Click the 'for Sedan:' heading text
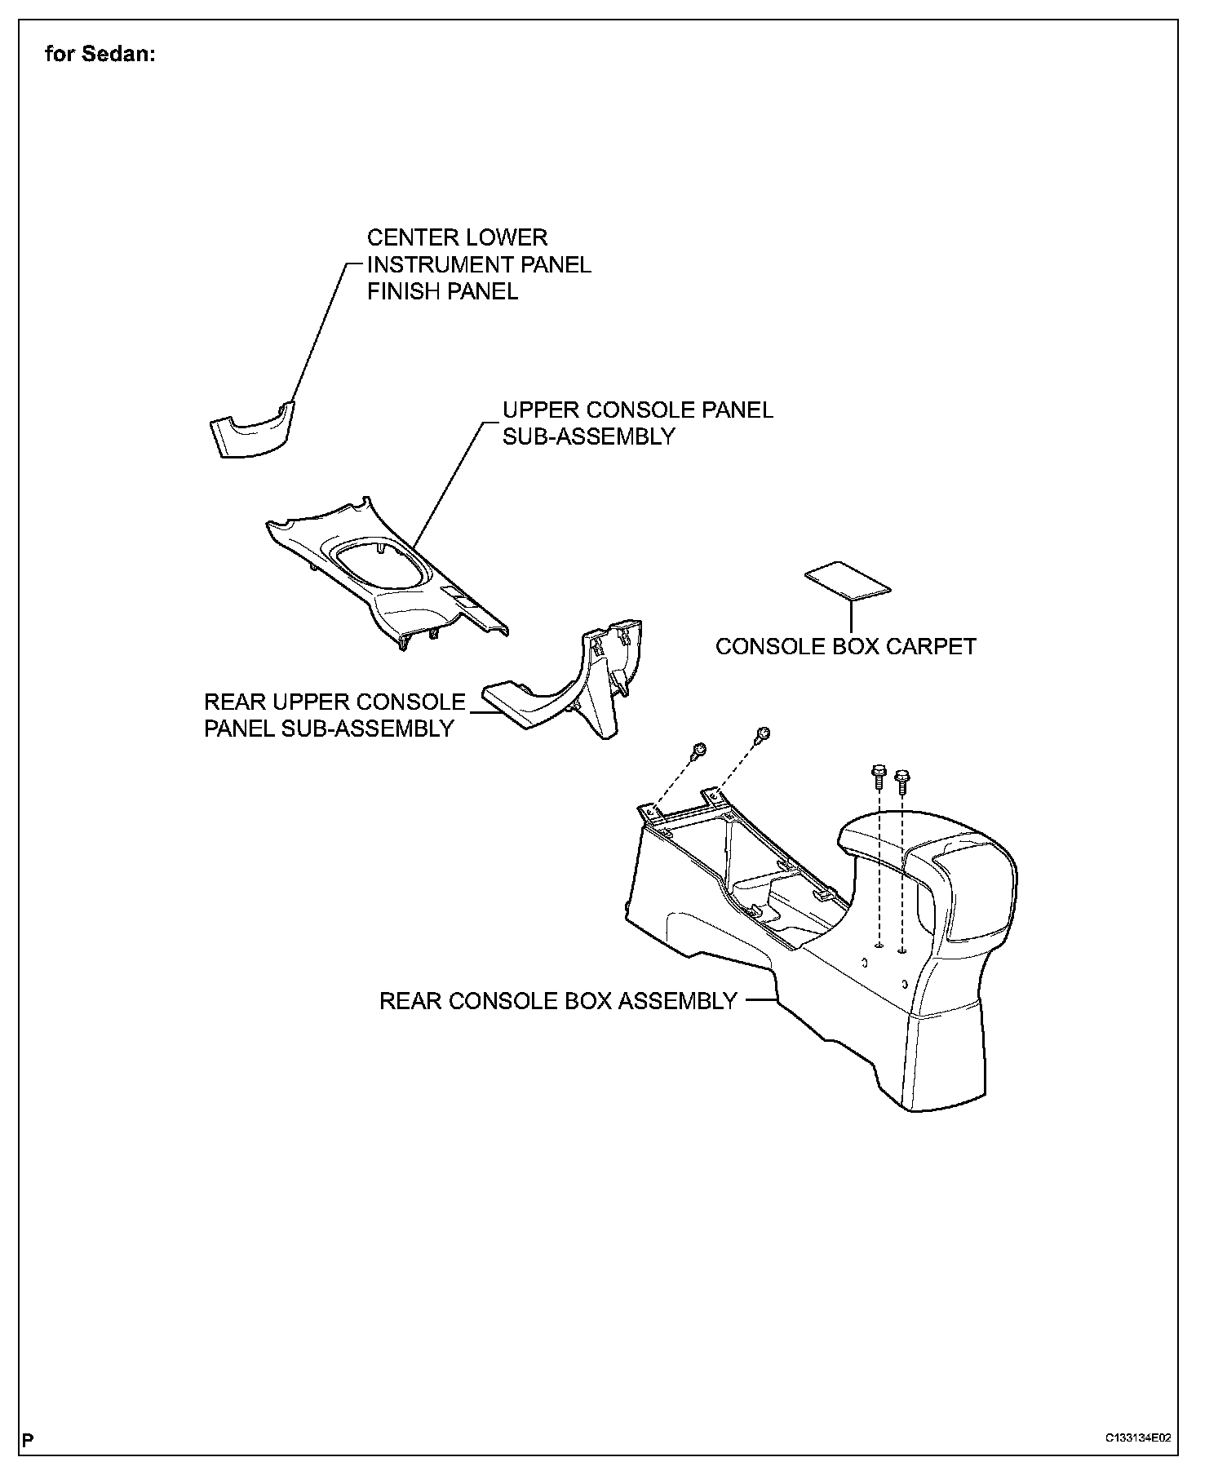point(100,55)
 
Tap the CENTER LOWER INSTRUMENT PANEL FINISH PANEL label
point(479,264)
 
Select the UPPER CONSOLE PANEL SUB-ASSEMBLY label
point(637,423)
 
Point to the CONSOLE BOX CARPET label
point(845,646)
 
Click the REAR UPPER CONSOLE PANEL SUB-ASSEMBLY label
point(334,715)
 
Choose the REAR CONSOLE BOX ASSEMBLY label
point(558,1001)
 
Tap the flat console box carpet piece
point(848,581)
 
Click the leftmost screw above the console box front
point(698,751)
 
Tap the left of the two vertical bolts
point(879,775)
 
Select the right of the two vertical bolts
point(901,780)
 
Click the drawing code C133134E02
point(1138,1438)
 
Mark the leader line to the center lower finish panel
point(318,334)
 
